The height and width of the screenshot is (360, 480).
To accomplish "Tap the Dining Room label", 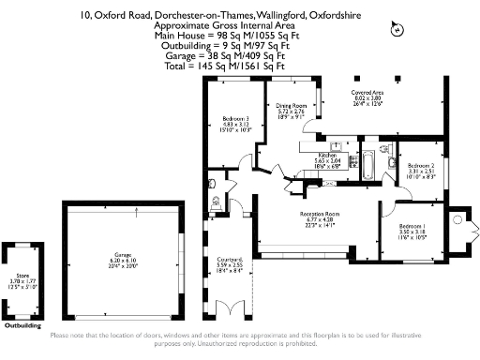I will click(292, 106).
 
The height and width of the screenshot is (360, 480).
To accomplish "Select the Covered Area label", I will click(366, 93).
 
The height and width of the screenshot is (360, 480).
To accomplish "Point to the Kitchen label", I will click(326, 155).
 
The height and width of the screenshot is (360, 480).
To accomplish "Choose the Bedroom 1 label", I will click(411, 228).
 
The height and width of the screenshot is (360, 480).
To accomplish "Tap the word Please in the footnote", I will click(59, 336).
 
